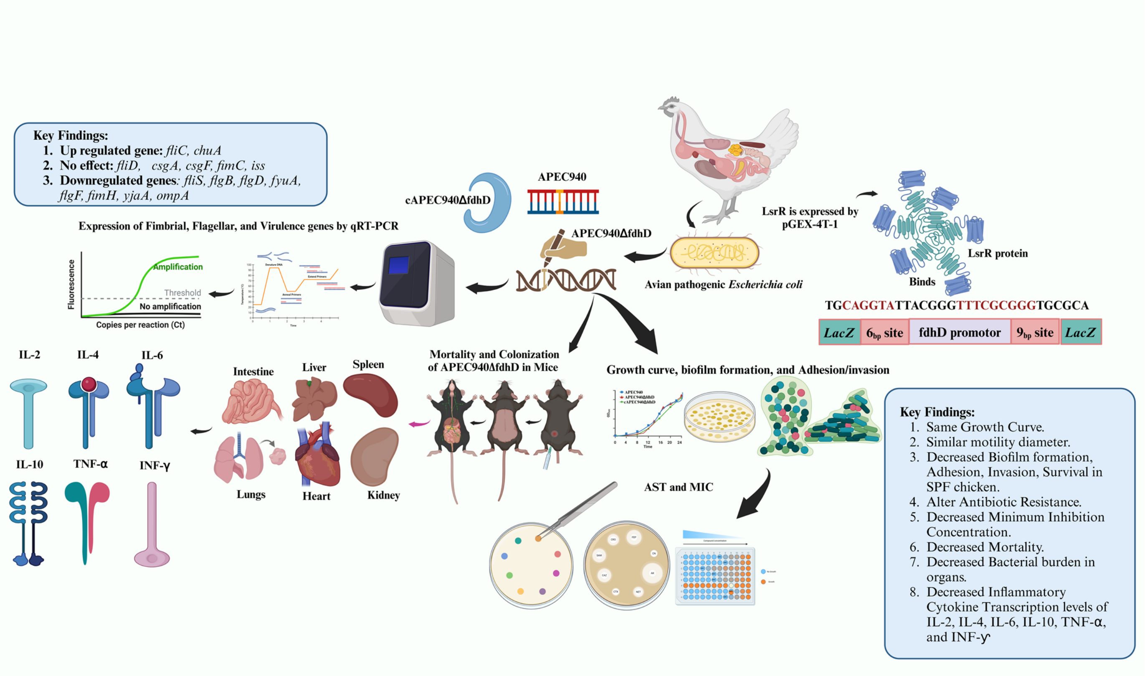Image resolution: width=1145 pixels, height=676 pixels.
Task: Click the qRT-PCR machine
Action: (x=417, y=282)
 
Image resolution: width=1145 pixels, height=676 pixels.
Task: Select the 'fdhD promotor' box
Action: (x=959, y=332)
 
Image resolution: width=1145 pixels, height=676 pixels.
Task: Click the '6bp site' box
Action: (x=884, y=333)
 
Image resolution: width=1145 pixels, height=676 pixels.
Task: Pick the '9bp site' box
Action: (x=1035, y=332)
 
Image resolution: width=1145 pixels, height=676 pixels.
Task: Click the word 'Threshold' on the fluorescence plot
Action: (x=182, y=292)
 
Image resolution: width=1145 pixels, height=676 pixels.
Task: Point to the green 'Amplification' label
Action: (x=178, y=267)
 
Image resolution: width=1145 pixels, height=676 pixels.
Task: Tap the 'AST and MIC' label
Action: (x=678, y=487)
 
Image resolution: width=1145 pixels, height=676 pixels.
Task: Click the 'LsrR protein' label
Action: (x=998, y=253)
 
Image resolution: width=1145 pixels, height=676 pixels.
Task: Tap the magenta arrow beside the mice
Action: (x=419, y=424)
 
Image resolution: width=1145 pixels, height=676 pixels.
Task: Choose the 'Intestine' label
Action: (x=253, y=372)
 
